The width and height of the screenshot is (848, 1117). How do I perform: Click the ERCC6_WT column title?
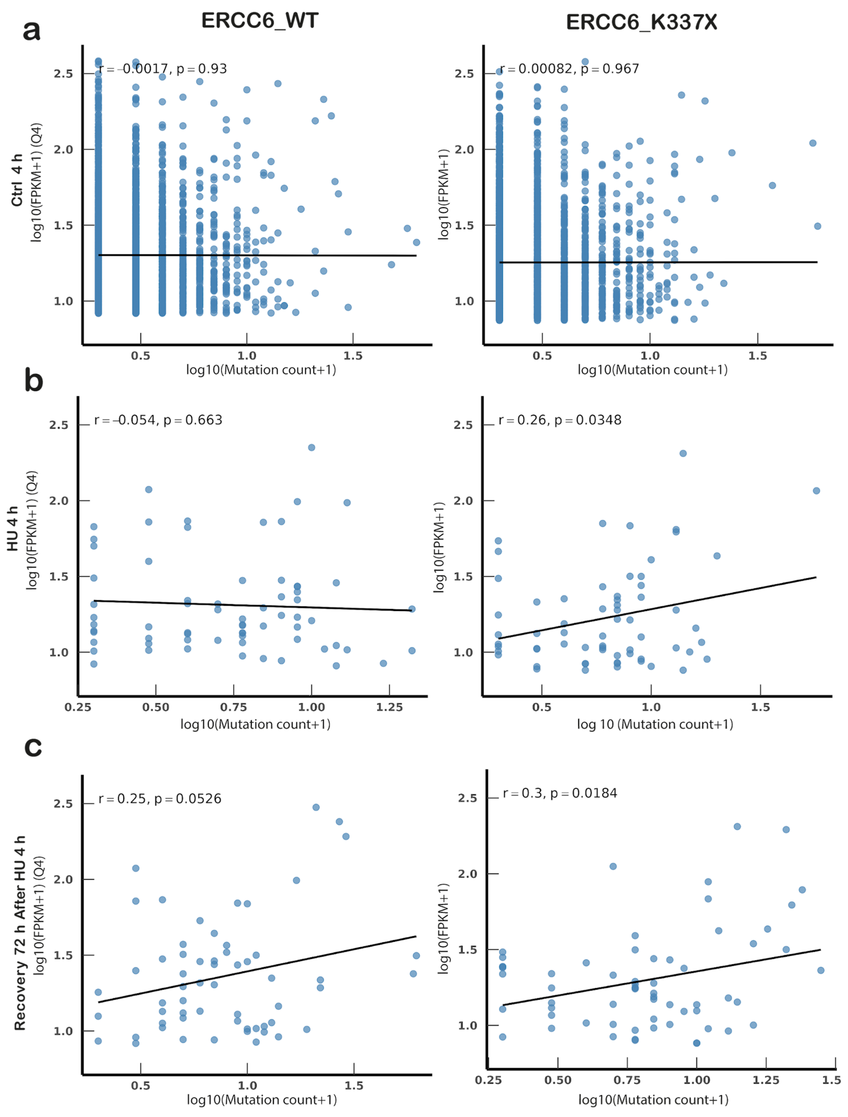(260, 21)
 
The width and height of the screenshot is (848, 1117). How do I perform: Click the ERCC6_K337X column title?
(642, 22)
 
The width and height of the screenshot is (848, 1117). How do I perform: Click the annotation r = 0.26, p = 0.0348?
(560, 420)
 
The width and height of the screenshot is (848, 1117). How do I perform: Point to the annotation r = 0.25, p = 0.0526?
(160, 799)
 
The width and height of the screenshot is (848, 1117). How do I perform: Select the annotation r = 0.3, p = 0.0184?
(560, 793)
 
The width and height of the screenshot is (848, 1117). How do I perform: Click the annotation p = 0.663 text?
(193, 420)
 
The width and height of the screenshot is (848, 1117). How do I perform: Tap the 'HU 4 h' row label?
(13, 529)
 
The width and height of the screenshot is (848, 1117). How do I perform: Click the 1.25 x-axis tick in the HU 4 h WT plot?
(389, 707)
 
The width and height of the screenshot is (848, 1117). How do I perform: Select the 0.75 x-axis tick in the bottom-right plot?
(627, 1080)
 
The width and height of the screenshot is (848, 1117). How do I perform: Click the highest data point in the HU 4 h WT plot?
(312, 447)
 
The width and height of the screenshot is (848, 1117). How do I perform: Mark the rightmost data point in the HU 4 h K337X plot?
(816, 491)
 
